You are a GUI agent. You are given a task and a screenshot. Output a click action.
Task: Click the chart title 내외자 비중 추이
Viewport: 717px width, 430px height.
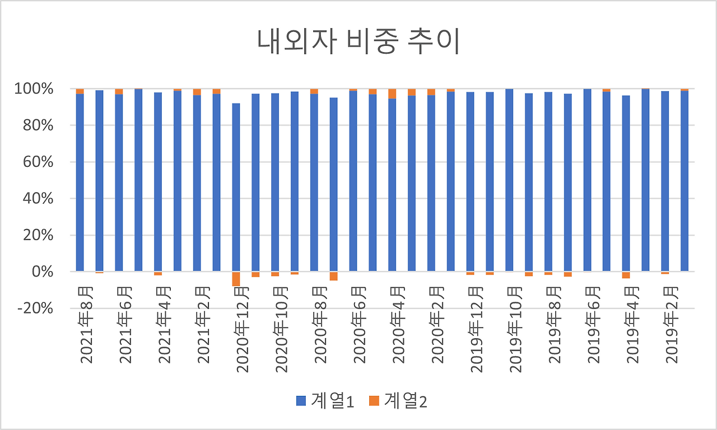click(358, 42)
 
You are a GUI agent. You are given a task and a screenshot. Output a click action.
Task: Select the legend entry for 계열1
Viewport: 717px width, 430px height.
click(325, 401)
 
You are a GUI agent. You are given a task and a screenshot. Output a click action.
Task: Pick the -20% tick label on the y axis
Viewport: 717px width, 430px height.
click(35, 309)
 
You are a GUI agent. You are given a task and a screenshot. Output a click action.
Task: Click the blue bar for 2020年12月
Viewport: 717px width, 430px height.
click(236, 188)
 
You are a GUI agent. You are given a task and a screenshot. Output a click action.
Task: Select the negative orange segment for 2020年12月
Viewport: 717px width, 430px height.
click(236, 279)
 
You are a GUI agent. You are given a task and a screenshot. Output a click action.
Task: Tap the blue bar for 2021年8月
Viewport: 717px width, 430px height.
click(80, 183)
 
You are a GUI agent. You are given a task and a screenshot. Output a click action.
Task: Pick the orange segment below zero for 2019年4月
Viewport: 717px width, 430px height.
click(626, 275)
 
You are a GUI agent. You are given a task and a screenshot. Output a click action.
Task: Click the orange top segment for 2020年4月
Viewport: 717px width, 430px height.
click(392, 94)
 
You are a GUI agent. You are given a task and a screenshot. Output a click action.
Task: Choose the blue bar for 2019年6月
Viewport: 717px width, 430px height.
click(587, 180)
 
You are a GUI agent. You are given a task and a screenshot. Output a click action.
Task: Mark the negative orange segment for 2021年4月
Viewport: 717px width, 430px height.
click(158, 273)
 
